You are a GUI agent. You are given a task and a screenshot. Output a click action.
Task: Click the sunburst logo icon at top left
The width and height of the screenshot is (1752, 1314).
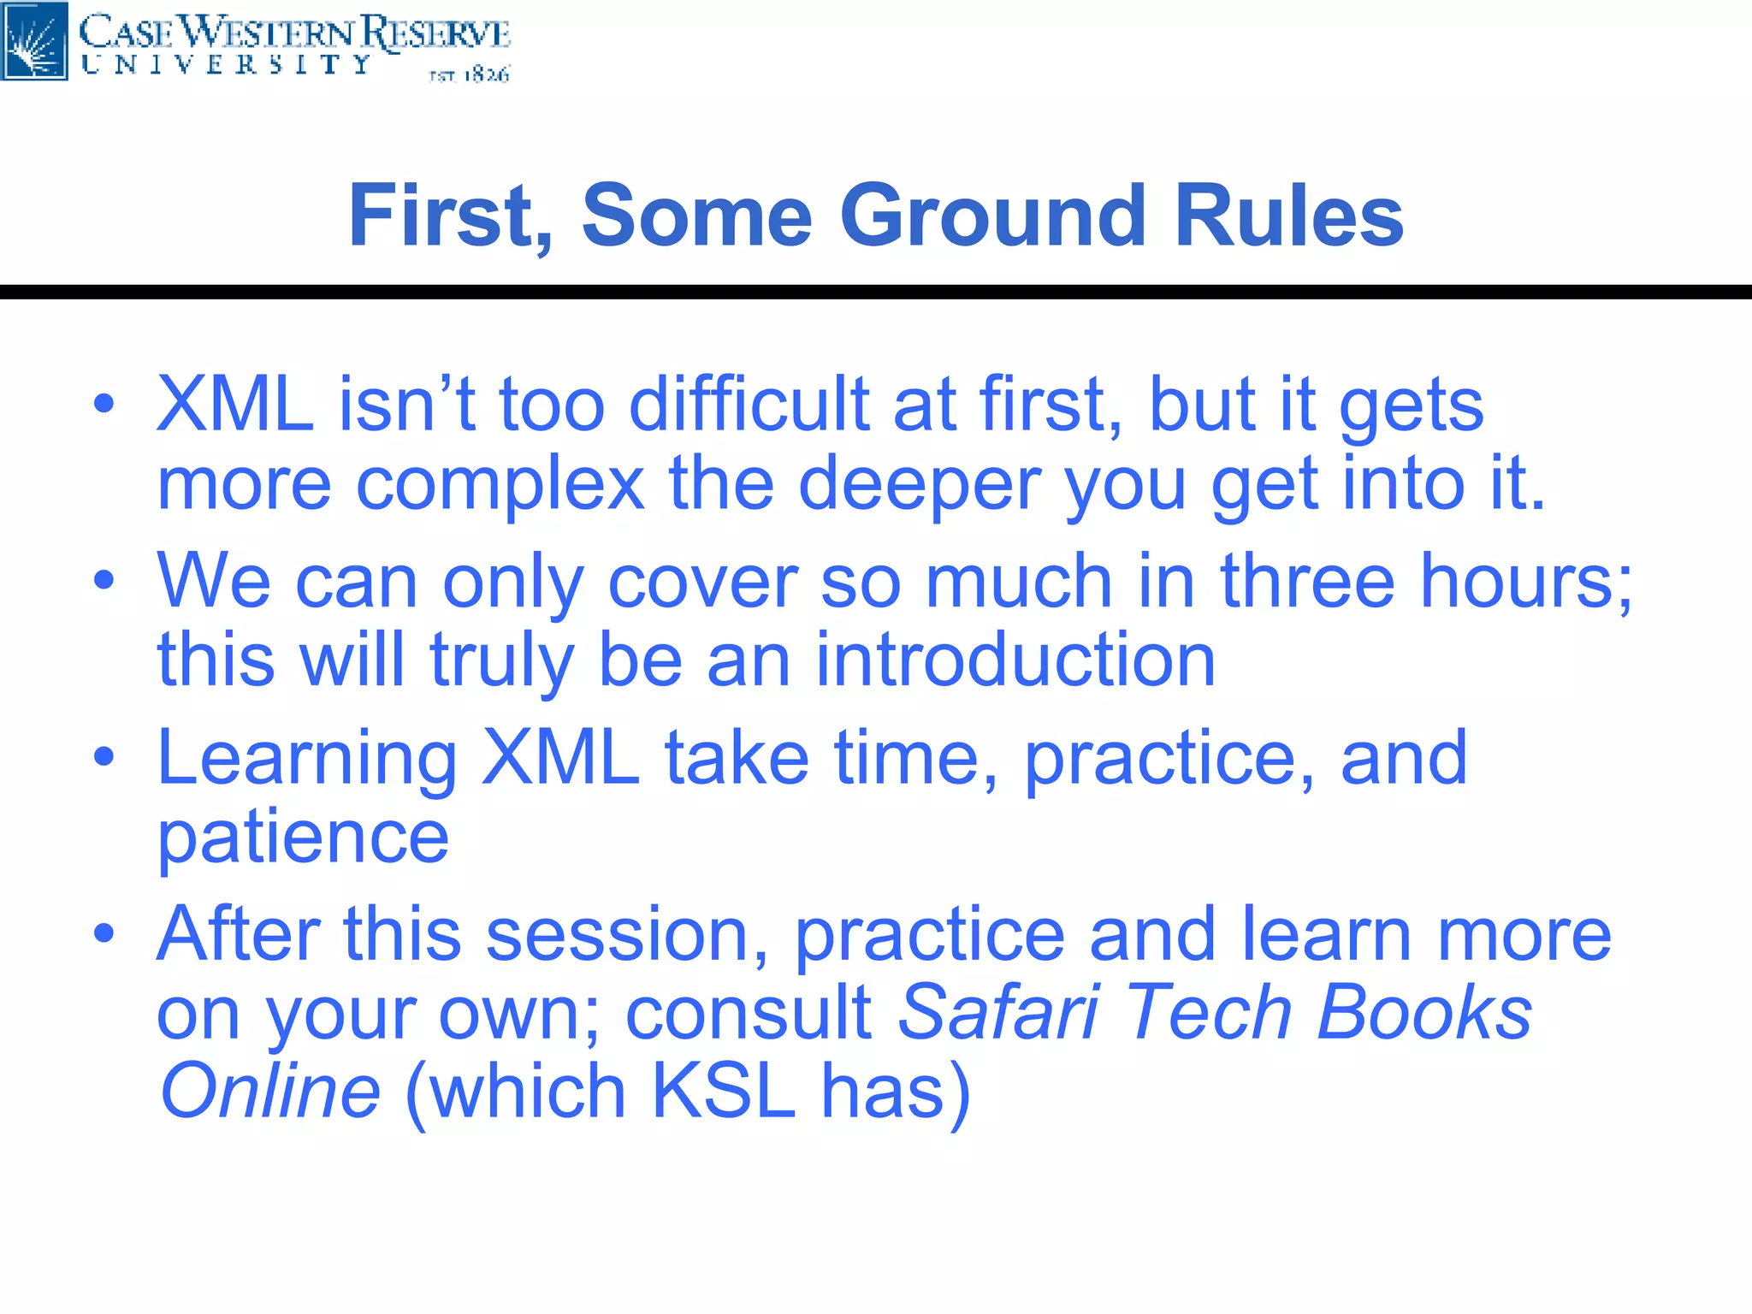[34, 40]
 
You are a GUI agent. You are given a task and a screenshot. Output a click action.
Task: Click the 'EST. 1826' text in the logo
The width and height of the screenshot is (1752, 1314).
[469, 75]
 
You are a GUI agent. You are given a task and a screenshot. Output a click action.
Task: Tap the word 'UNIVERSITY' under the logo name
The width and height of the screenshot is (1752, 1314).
[227, 65]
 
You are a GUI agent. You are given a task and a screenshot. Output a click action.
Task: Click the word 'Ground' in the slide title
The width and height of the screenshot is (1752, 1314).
[992, 216]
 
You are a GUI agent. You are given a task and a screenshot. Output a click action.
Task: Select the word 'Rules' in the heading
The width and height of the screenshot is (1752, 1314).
[1289, 216]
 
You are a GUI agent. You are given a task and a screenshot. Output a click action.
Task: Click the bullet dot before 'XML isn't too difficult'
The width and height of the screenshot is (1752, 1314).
[104, 404]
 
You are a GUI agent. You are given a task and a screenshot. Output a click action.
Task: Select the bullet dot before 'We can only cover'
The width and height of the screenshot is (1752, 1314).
[104, 581]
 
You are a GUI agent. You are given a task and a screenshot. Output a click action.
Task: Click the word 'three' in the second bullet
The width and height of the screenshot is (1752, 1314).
[1307, 581]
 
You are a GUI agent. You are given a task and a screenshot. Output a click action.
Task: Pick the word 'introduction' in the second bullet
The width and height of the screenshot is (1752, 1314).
[1015, 660]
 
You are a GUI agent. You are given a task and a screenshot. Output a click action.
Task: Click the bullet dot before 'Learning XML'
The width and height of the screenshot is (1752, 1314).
[104, 757]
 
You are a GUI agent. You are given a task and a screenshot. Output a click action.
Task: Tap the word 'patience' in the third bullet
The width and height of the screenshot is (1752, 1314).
[303, 838]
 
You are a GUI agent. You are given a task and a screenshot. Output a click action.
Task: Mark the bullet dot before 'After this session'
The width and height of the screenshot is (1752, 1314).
[104, 933]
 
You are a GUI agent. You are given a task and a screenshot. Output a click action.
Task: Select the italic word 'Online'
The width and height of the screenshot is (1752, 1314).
[270, 1092]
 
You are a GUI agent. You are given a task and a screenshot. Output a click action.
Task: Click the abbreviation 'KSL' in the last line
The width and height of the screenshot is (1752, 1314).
[724, 1092]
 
